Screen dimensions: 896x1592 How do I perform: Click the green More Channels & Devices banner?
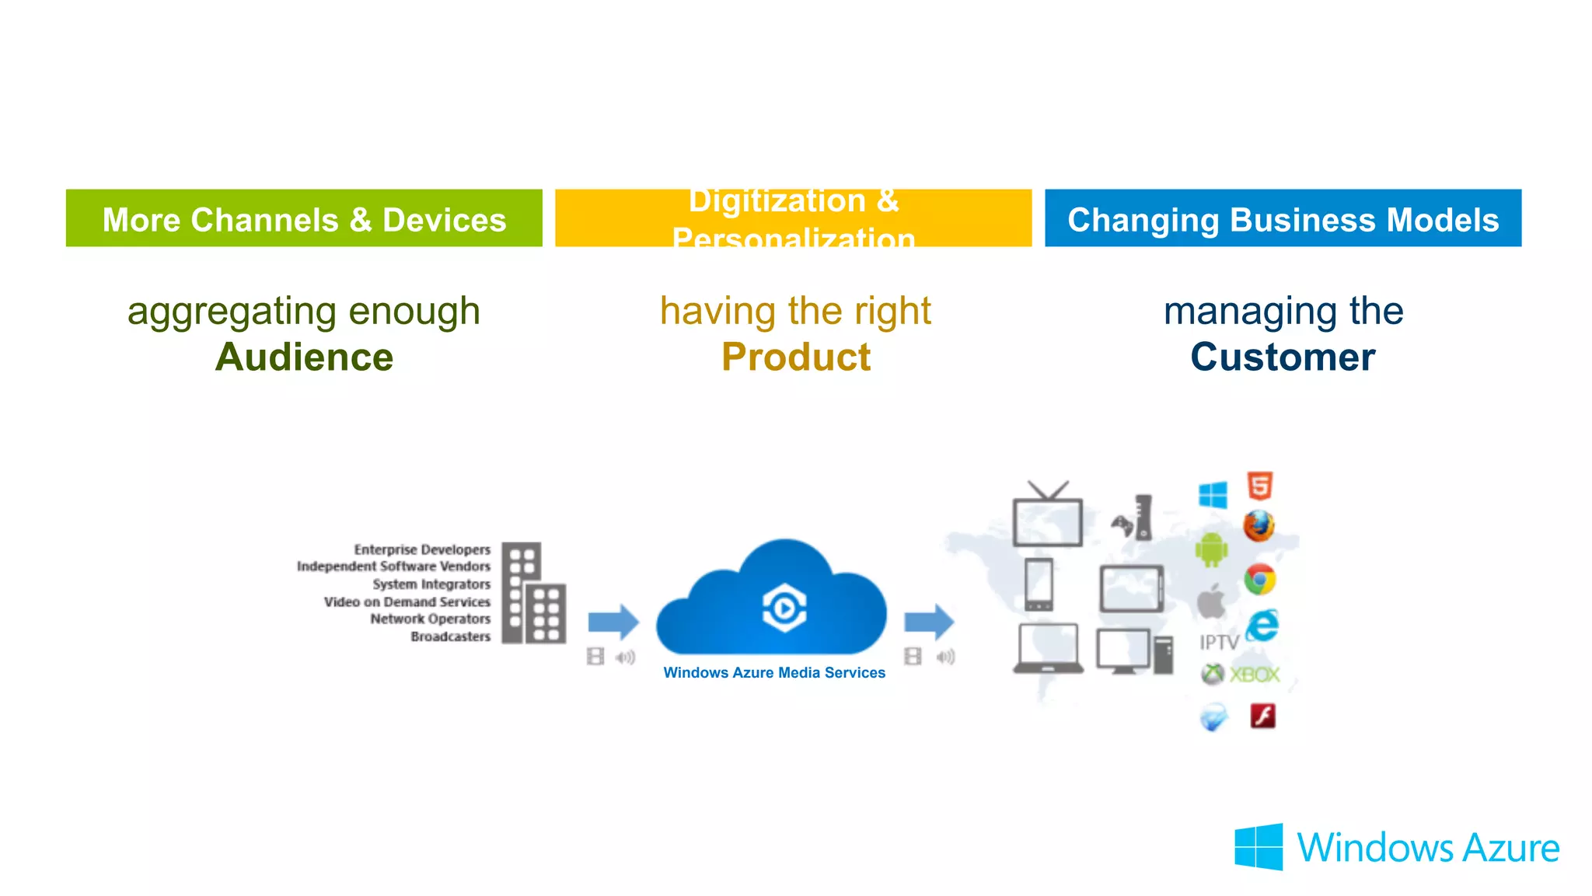coord(304,218)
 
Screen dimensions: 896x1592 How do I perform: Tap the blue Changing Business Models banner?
coord(1283,218)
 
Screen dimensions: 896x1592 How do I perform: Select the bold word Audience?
coord(304,357)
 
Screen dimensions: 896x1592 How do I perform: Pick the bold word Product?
coord(795,357)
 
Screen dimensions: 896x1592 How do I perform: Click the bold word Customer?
coord(1283,357)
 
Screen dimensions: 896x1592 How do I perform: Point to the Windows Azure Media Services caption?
coord(774,673)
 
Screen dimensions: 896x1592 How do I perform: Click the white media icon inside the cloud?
coord(784,608)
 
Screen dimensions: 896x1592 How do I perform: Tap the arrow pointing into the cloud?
coord(613,622)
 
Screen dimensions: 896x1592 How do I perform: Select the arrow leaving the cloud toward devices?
coord(929,622)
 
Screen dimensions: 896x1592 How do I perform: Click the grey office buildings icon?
coord(533,593)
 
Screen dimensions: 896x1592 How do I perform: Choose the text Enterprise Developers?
coord(422,549)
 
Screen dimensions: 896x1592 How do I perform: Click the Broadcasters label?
coord(451,636)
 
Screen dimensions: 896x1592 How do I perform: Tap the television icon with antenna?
coord(1047,517)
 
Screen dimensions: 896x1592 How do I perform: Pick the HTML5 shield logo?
coord(1260,486)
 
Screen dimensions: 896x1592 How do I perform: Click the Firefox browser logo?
coord(1259,526)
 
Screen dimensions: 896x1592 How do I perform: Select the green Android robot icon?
coord(1211,550)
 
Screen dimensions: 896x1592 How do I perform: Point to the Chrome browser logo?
coord(1259,580)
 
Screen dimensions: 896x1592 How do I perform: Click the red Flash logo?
coord(1262,716)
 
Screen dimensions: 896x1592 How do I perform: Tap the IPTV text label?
coord(1218,643)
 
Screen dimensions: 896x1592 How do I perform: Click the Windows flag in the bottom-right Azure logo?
coord(1259,847)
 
